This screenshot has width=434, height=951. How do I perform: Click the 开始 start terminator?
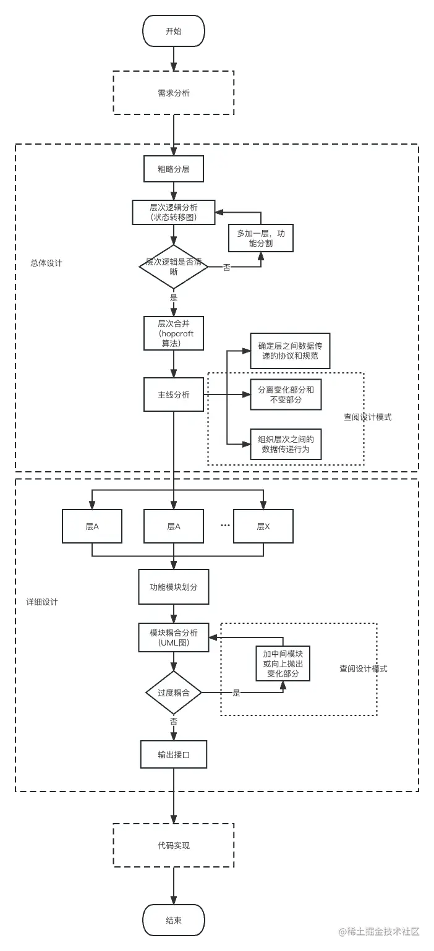point(174,32)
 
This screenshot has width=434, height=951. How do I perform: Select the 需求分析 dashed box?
point(174,93)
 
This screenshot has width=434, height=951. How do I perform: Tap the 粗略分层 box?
point(174,169)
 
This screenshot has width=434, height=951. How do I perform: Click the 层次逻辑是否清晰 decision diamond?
point(174,267)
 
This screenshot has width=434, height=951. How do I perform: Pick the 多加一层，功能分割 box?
point(260,238)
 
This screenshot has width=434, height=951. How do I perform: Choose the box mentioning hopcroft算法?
point(174,333)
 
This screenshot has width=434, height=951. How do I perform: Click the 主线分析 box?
point(174,394)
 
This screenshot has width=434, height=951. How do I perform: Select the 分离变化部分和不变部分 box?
point(286,394)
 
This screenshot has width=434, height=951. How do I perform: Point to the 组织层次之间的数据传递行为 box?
point(286,444)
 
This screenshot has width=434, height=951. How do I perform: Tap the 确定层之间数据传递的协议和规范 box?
point(286,351)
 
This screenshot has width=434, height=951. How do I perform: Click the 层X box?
point(263,526)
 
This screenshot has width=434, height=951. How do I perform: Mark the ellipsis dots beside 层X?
point(225,526)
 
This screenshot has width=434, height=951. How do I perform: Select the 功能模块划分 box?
point(174,587)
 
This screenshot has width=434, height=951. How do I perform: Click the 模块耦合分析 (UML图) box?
point(174,637)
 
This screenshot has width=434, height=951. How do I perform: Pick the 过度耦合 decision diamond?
point(174,693)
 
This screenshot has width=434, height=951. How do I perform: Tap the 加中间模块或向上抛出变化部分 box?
point(283,663)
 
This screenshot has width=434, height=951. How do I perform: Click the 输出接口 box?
point(174,754)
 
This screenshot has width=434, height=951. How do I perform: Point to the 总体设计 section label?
point(46,263)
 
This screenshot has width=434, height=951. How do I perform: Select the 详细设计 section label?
point(42,602)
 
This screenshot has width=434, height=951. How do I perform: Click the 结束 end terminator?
point(174,920)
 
